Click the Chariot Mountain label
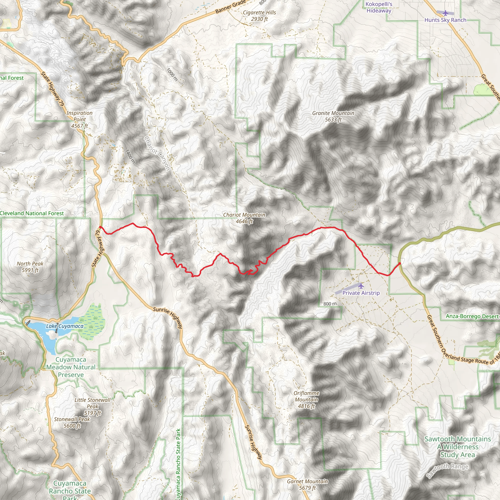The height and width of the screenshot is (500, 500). [244, 218]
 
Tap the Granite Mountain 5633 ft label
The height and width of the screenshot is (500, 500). [333, 116]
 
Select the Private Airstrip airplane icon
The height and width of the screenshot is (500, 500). [361, 286]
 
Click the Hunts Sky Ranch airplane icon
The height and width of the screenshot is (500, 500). [445, 13]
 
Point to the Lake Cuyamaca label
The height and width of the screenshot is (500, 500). [65, 326]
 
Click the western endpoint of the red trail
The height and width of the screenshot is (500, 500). [100, 227]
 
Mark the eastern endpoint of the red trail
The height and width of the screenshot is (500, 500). [400, 263]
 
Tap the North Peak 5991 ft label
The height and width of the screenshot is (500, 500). [30, 267]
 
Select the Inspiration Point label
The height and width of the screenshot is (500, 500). [79, 119]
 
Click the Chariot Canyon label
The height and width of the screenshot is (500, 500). [157, 153]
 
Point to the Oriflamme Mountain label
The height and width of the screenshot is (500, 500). [306, 400]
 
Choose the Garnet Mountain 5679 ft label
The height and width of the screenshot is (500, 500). [307, 484]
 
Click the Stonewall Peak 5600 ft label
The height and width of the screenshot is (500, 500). [72, 422]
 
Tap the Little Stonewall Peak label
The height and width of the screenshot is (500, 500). [92, 406]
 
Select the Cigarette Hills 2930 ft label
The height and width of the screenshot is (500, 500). [259, 16]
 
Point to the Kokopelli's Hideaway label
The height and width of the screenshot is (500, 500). [379, 7]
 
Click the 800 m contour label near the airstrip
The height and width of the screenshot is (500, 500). [330, 303]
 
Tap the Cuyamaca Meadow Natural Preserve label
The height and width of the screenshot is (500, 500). [71, 367]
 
